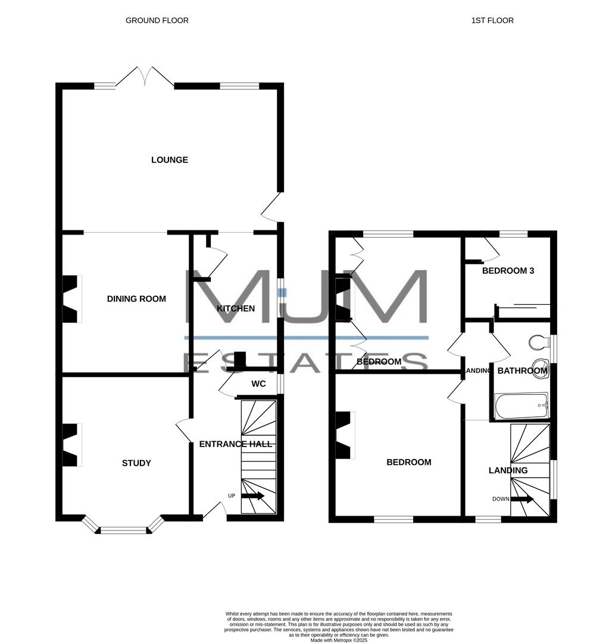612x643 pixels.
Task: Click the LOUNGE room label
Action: (170, 160)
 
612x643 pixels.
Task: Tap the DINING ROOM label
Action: (136, 299)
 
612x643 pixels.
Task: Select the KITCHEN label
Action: (236, 308)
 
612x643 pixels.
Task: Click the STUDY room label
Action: (136, 463)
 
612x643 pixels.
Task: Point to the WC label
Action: (258, 384)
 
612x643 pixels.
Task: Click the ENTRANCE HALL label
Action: (235, 444)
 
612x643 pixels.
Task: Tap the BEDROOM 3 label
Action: (508, 271)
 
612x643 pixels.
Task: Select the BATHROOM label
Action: (522, 371)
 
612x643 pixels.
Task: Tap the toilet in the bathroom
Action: (537, 342)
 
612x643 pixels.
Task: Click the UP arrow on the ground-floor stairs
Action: (253, 496)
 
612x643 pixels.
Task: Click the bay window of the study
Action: (123, 527)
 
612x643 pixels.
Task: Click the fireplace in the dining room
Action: (70, 299)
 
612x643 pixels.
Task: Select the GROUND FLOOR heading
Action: (157, 20)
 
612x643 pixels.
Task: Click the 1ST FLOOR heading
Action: (492, 20)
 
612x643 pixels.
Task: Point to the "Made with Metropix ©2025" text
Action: (339, 640)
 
